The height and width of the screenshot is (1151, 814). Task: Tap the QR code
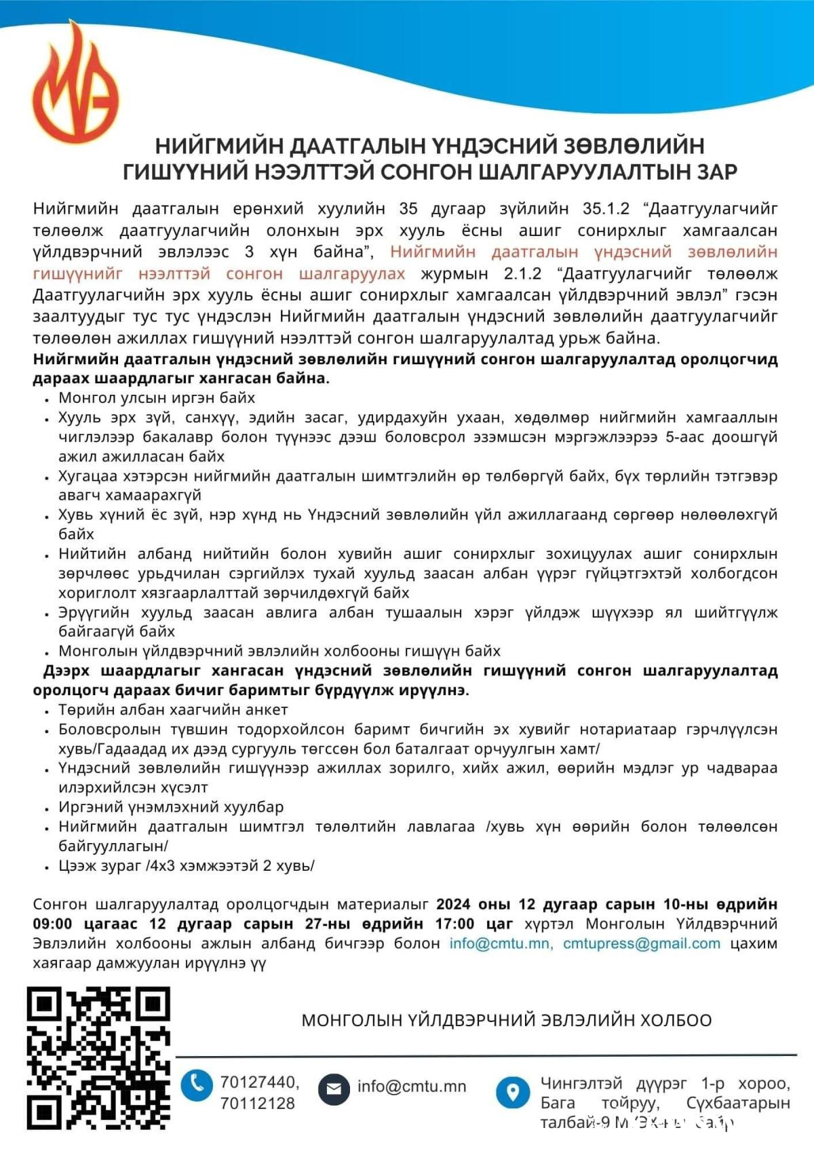[x=98, y=1058]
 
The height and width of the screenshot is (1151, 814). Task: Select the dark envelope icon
[x=334, y=1089]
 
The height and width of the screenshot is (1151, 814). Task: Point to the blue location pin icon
[x=513, y=1091]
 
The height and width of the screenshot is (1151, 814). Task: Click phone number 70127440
[x=259, y=1082]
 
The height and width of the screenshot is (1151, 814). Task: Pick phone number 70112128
[x=258, y=1104]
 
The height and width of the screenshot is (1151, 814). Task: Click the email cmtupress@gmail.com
[x=642, y=943]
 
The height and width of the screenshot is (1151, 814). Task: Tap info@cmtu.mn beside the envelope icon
[x=412, y=1087]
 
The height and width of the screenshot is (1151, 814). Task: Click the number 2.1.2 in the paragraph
[x=523, y=274]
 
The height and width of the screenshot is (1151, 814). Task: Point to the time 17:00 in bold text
[x=454, y=924]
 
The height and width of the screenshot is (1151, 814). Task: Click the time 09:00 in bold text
[x=52, y=924]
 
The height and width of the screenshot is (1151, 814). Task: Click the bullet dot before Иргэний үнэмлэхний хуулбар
[x=47, y=808]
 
